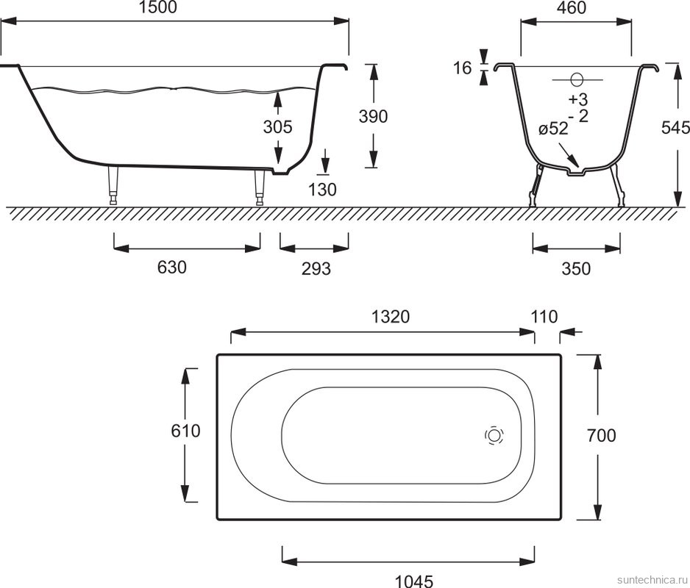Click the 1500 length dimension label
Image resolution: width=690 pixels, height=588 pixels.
[x=157, y=7]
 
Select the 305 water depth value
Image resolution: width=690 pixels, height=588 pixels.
[x=277, y=126]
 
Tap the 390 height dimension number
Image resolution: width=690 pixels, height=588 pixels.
[x=373, y=117]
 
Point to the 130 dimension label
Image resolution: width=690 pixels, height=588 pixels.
[x=322, y=190]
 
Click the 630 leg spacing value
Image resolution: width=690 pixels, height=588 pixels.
[x=172, y=267]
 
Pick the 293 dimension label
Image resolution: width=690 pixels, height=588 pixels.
[x=316, y=268]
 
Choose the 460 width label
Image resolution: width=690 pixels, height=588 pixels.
[x=572, y=7]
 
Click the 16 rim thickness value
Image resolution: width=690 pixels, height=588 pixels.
[x=463, y=68]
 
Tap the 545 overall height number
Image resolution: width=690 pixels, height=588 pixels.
[x=675, y=128]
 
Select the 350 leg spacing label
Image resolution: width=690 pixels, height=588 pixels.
[x=576, y=268]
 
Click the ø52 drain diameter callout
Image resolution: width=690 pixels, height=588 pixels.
[x=553, y=129]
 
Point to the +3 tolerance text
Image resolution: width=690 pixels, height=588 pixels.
[x=577, y=99]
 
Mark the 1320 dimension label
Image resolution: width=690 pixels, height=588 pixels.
[x=391, y=316]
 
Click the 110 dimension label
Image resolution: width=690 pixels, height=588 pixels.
[x=544, y=317]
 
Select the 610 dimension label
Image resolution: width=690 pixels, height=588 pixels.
[x=185, y=431]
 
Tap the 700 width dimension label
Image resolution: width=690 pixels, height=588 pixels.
[x=602, y=435]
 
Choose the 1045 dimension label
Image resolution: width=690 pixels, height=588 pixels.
[x=414, y=581]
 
